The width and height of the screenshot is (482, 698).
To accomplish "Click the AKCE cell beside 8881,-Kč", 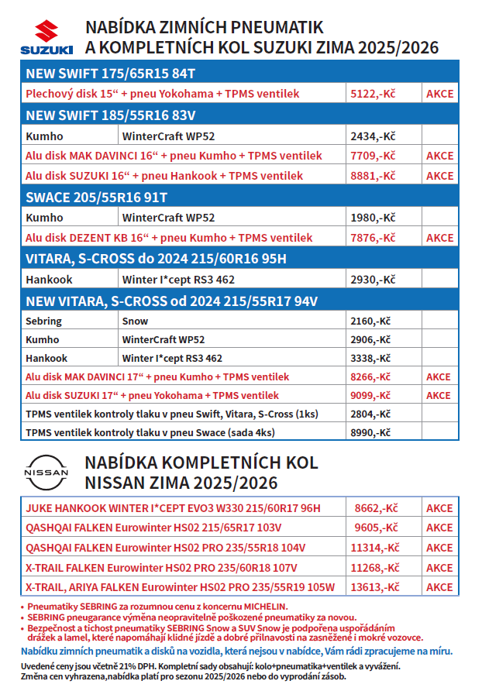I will (x=439, y=176).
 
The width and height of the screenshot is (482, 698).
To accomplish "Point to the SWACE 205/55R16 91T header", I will (x=97, y=197).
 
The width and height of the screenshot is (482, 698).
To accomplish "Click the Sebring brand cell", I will (x=43, y=321).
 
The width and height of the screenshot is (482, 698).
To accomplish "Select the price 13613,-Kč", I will (x=376, y=587).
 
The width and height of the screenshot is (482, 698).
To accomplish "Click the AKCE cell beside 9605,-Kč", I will (x=439, y=528).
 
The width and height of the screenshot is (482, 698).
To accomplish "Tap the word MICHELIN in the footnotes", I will (x=262, y=606).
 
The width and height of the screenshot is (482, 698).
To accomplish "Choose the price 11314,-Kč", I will (x=376, y=548).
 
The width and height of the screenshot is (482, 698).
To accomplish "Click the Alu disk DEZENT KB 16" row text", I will (x=169, y=238).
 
